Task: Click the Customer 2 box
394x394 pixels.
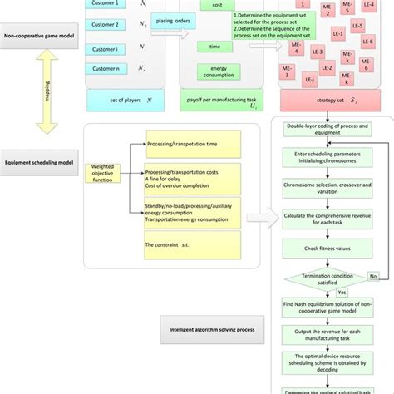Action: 108,25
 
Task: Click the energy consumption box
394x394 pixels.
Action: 216,74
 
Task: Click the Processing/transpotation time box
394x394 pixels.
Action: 190,143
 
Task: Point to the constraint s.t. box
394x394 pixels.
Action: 190,244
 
